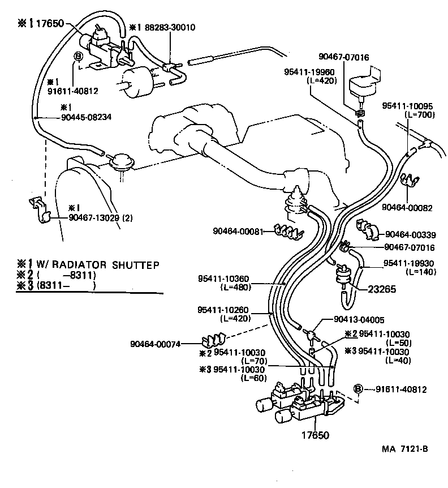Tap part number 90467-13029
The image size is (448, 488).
[94, 217]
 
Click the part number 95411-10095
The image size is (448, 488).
[407, 105]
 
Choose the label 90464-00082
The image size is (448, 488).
[406, 207]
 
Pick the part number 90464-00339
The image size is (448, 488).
[411, 234]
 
